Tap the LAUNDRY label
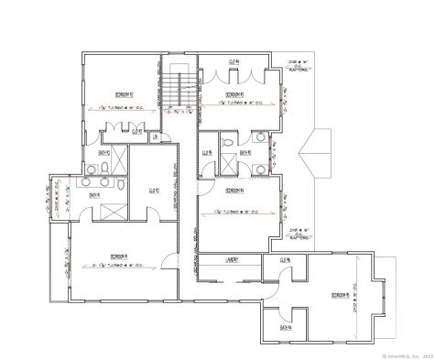pyautogui.click(x=233, y=260)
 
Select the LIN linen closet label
pyautogui.click(x=156, y=138)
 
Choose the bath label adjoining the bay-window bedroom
pyautogui.click(x=285, y=326)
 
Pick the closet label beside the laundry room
pyautogui.click(x=285, y=260)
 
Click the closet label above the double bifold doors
pyautogui.click(x=234, y=61)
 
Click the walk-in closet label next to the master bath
pyautogui.click(x=155, y=191)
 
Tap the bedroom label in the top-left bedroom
pyautogui.click(x=125, y=93)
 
